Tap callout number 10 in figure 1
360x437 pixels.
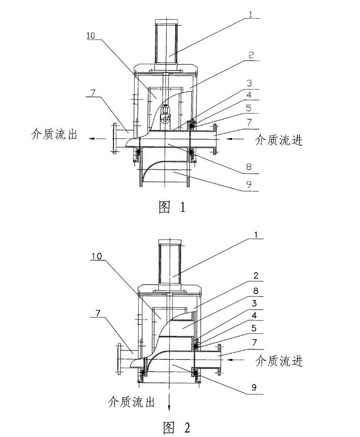(x=91, y=36)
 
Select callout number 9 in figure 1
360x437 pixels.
(x=249, y=184)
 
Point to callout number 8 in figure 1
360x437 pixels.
(x=249, y=167)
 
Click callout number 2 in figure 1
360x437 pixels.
(x=251, y=55)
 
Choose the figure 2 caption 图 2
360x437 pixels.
(x=176, y=427)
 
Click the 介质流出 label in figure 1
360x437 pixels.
(x=54, y=134)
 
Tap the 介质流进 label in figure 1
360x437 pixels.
(x=279, y=140)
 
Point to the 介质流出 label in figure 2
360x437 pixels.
(x=131, y=402)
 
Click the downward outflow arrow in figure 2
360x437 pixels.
(x=169, y=401)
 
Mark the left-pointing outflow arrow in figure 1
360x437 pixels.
(x=97, y=138)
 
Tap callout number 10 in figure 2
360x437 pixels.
(x=97, y=256)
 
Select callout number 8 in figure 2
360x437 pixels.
(x=255, y=291)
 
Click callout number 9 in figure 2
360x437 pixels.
(x=254, y=387)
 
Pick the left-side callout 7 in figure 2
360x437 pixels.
(x=98, y=313)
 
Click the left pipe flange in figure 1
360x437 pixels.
(x=114, y=138)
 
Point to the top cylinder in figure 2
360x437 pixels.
(x=170, y=261)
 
